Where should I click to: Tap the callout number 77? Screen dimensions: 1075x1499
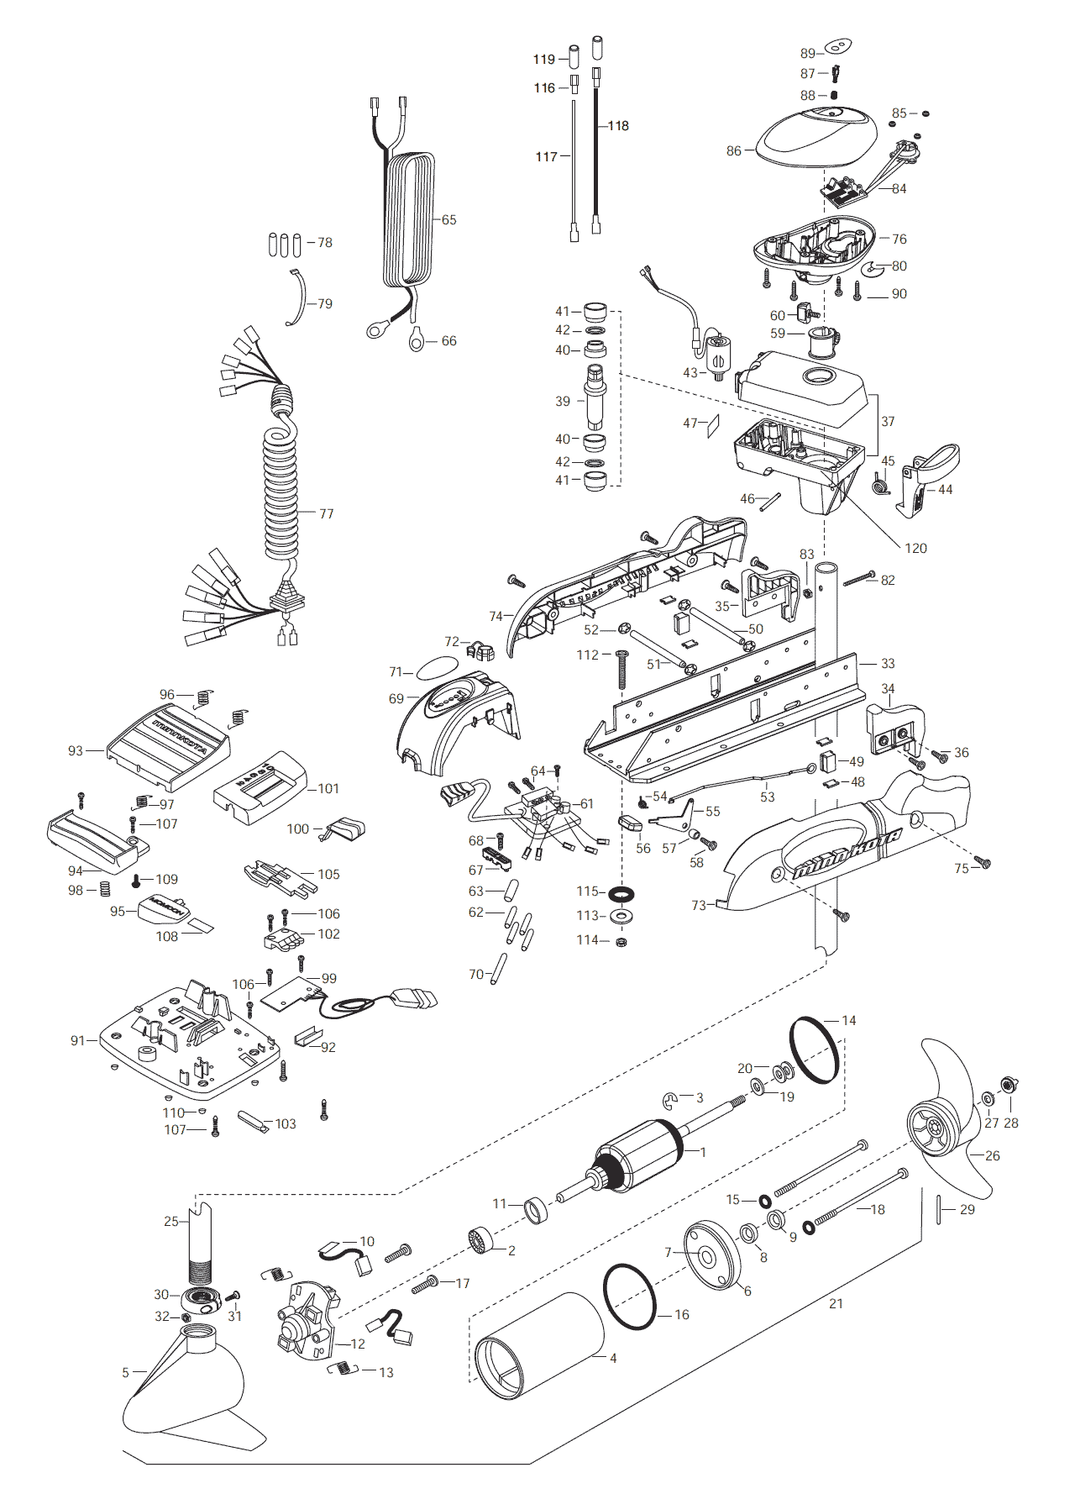(326, 513)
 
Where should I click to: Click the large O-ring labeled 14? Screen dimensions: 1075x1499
(815, 1050)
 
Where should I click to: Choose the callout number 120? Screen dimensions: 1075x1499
(915, 548)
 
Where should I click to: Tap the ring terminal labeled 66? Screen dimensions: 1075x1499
(417, 340)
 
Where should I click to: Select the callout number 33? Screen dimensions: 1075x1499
(888, 663)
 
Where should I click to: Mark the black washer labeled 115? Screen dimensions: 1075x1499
(621, 892)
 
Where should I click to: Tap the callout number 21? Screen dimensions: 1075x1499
(836, 1303)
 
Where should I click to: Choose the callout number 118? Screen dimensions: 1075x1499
(618, 125)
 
